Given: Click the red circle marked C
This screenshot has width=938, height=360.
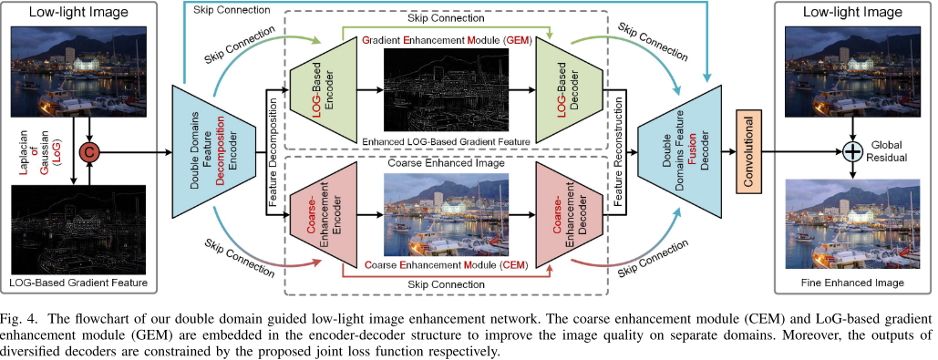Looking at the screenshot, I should point(90,149).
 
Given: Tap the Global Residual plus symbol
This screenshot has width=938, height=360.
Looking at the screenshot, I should point(852,149).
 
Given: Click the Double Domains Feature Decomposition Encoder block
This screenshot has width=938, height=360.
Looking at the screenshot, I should point(211,149).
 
